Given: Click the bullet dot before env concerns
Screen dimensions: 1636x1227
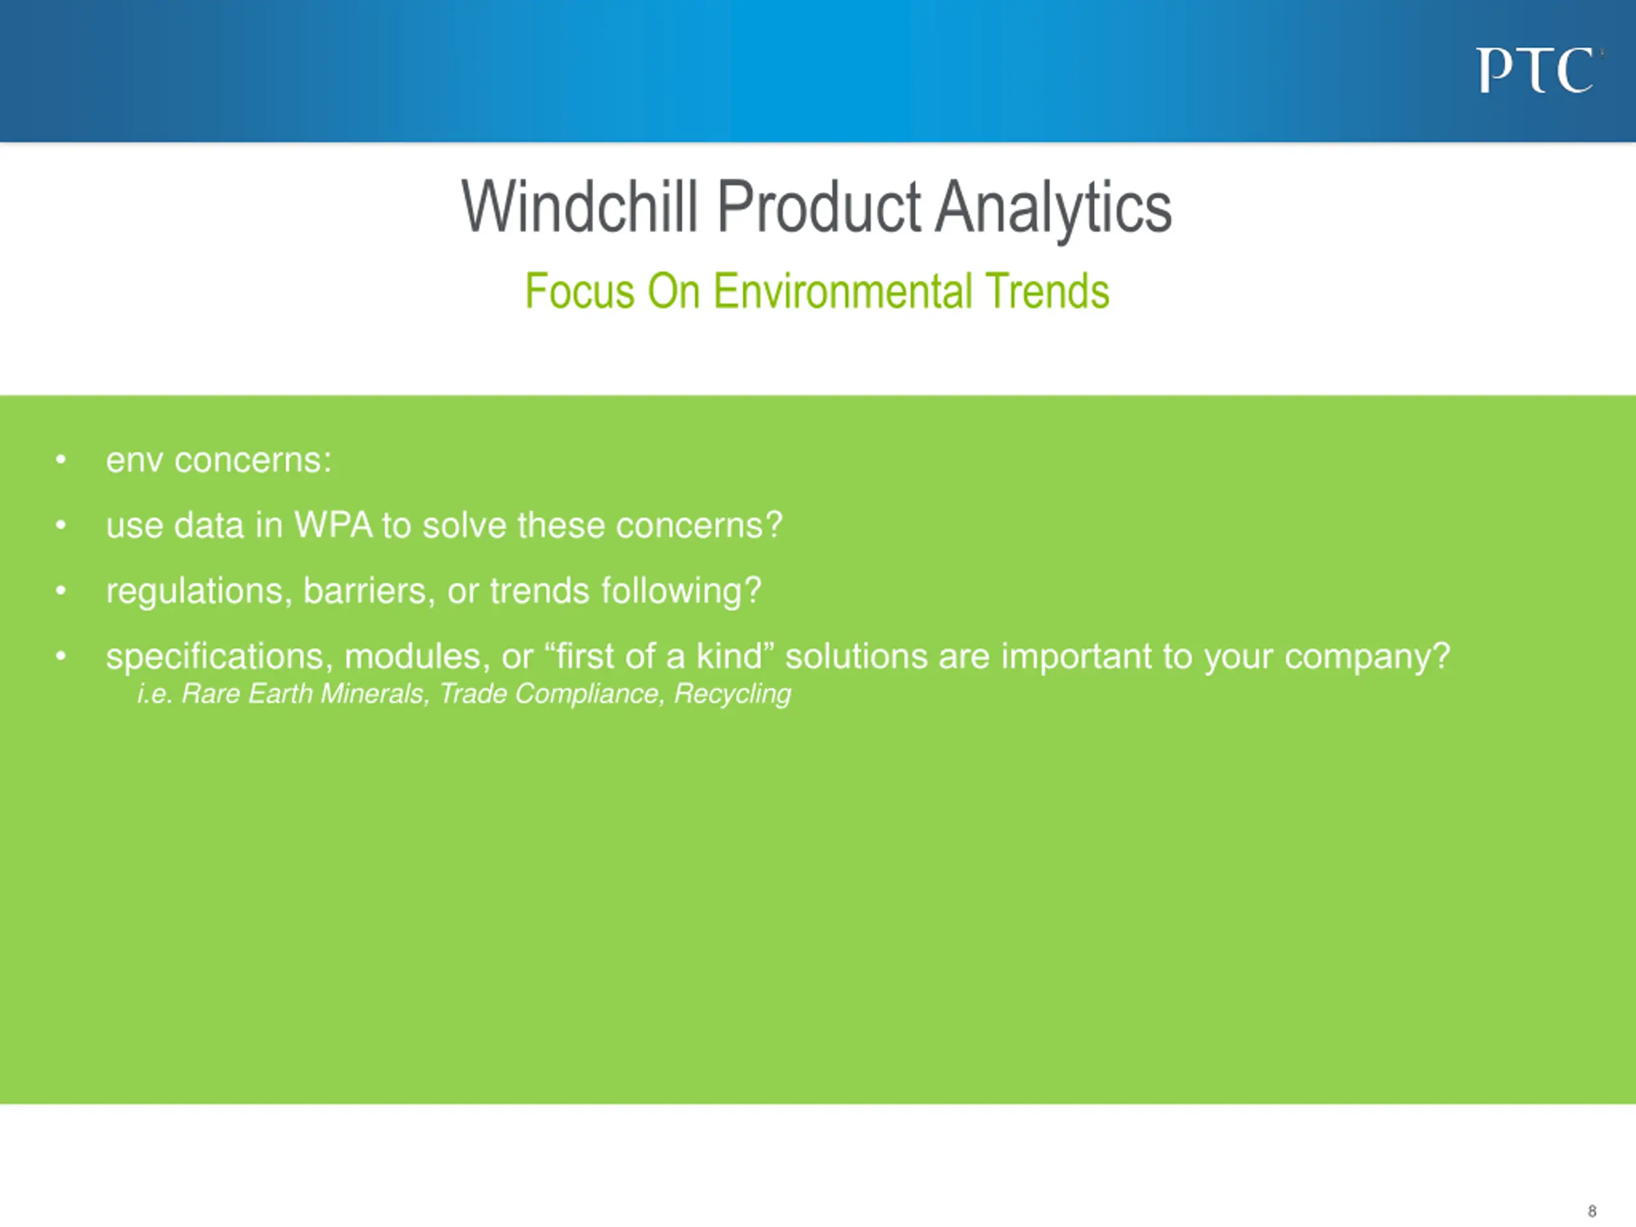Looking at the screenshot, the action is pos(61,460).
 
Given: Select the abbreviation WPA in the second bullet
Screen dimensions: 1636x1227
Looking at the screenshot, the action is pos(333,525).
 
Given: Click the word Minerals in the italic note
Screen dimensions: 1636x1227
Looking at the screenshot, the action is pos(375,694).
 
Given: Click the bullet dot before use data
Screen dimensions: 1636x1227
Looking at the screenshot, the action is pos(61,525).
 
